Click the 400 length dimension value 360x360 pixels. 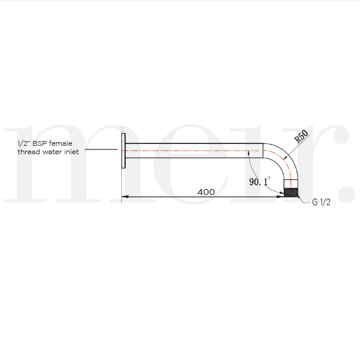pyautogui.click(x=206, y=192)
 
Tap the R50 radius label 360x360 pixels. pyautogui.click(x=301, y=139)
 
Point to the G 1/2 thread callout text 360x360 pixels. pyautogui.click(x=321, y=202)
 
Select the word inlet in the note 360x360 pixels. pyautogui.click(x=71, y=152)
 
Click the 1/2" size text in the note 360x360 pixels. pyautogui.click(x=23, y=144)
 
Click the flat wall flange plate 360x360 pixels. pyautogui.click(x=123, y=151)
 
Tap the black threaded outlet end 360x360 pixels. pyautogui.click(x=291, y=193)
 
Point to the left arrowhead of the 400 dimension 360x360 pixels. pyautogui.click(x=125, y=196)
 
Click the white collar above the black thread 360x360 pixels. pyautogui.click(x=291, y=184)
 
